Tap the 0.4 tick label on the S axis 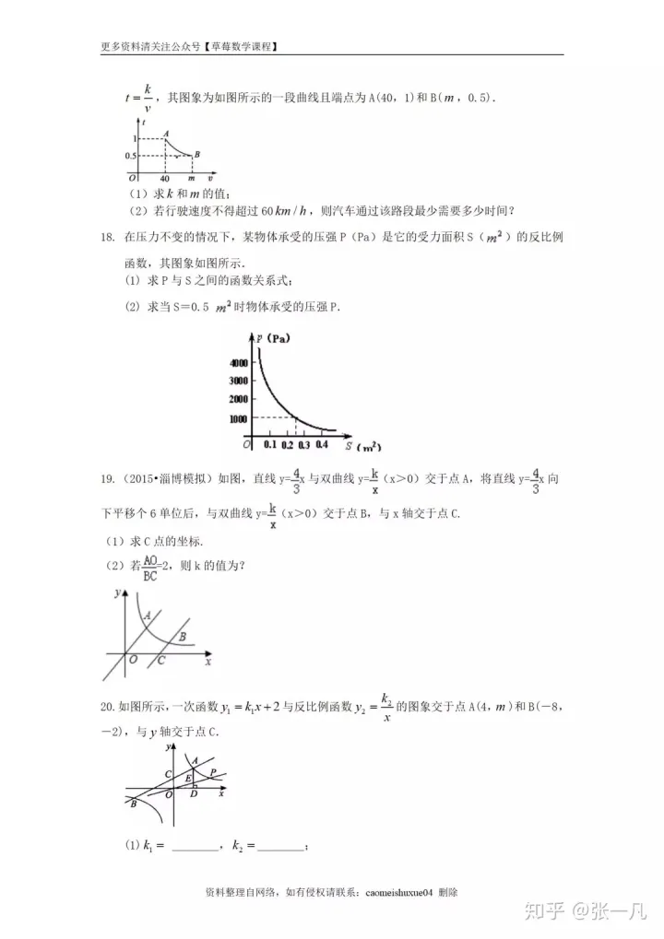click(321, 445)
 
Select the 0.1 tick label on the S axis click(269, 445)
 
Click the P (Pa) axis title click(273, 337)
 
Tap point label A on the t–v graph click(165, 133)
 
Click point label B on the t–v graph click(198, 154)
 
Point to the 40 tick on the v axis click(164, 178)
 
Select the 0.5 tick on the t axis click(132, 156)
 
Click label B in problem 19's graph click(183, 636)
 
